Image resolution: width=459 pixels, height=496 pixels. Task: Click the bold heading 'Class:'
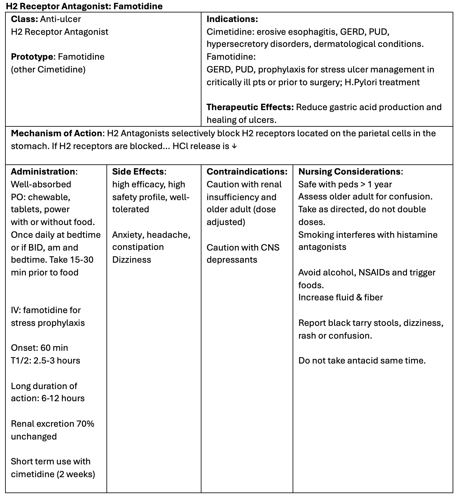pyautogui.click(x=24, y=19)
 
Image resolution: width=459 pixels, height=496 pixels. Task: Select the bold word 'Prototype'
pyautogui.click(x=32, y=57)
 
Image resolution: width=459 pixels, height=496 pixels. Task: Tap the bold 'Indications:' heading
pyautogui.click(x=232, y=19)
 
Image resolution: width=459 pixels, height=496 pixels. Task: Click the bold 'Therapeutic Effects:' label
pyautogui.click(x=250, y=107)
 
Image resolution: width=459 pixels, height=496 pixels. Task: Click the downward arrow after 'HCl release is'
pyautogui.click(x=234, y=146)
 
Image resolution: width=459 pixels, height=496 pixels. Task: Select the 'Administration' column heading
pyautogui.click(x=43, y=172)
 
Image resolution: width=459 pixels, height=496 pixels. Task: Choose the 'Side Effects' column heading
pyautogui.click(x=138, y=172)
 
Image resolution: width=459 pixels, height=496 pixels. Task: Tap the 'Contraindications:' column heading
pyautogui.click(x=247, y=172)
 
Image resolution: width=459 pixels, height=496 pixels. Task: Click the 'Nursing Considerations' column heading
pyautogui.click(x=349, y=172)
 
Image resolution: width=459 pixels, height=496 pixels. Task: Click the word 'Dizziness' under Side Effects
pyautogui.click(x=132, y=260)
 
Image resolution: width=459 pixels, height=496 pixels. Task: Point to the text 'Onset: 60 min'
pyautogui.click(x=40, y=348)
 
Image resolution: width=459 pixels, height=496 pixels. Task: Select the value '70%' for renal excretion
pyautogui.click(x=85, y=424)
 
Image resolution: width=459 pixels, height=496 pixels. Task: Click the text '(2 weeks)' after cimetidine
pyautogui.click(x=76, y=474)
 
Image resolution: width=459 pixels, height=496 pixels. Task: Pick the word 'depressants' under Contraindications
pyautogui.click(x=232, y=260)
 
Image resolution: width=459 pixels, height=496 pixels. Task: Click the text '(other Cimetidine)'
pyautogui.click(x=48, y=70)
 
